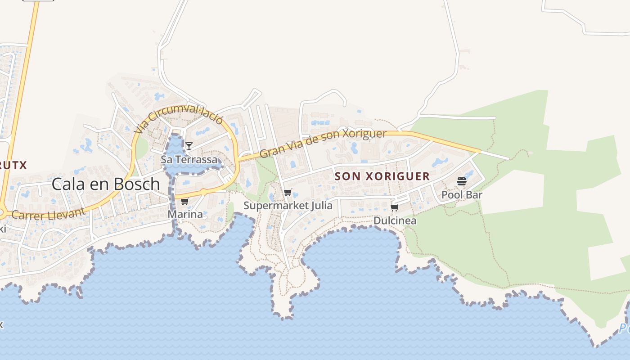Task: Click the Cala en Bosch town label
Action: pos(106,184)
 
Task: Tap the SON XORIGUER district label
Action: pos(382,176)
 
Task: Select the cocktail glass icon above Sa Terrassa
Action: pos(189,146)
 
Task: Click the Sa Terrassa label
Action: pos(189,160)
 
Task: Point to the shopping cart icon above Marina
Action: pos(184,201)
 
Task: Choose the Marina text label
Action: pos(185,214)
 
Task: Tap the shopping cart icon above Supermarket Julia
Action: pos(288,193)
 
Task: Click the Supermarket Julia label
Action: pos(288,206)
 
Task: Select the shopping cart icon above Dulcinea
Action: pos(395,207)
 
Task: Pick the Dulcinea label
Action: pos(395,221)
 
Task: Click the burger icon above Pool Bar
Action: pos(462,181)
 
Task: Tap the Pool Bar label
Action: pos(462,195)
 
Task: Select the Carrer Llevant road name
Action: pos(48,214)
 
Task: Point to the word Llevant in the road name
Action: pos(66,212)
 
